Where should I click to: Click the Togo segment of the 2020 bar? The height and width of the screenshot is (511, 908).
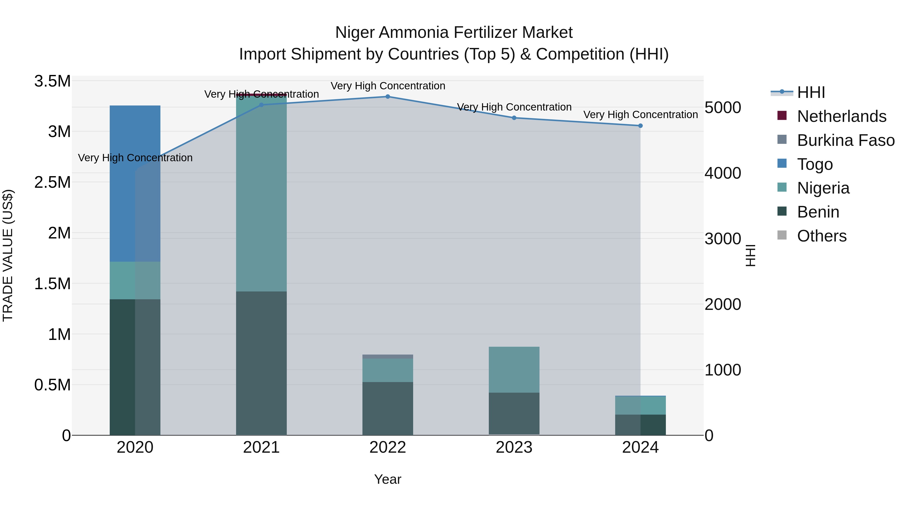tap(135, 183)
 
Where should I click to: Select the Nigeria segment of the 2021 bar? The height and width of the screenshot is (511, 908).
tap(261, 194)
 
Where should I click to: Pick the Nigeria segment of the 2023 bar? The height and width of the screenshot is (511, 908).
tap(514, 370)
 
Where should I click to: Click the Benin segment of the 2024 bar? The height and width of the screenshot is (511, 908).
tap(640, 425)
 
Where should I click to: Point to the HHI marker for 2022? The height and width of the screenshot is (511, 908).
tap(387, 97)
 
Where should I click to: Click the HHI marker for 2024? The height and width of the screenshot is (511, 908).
tap(640, 126)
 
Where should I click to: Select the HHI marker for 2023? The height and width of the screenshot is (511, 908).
tap(514, 118)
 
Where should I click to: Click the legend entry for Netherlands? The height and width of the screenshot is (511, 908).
tap(841, 116)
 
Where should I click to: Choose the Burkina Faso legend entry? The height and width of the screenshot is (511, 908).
tap(846, 140)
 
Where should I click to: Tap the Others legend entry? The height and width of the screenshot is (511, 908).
tap(822, 236)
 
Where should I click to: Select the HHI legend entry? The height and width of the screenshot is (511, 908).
tap(811, 92)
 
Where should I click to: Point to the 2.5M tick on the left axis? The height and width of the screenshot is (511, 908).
tap(52, 182)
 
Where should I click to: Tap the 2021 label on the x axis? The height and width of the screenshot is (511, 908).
tap(261, 447)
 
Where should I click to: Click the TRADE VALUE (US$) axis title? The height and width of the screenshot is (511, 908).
tap(8, 255)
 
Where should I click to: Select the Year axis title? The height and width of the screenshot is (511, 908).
tap(387, 479)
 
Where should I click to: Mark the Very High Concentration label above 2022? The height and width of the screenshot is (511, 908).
tap(388, 86)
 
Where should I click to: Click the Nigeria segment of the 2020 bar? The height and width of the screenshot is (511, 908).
tap(135, 280)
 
